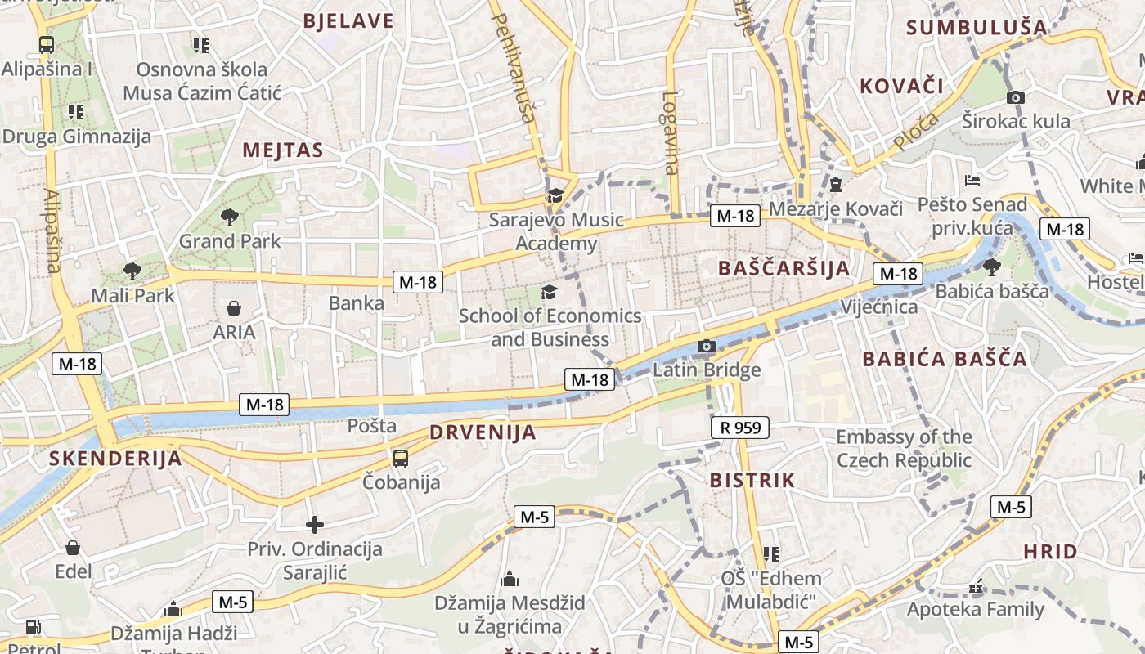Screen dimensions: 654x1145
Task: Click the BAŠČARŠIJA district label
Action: (784, 268)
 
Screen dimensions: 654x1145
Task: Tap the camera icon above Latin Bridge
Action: (707, 347)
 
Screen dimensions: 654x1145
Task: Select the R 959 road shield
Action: (740, 427)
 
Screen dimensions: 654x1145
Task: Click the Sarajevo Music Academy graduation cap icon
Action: (556, 195)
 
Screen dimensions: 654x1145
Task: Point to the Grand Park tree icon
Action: (229, 217)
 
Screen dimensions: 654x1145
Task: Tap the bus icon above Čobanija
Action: (400, 458)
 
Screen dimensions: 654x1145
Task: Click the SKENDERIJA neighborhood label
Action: (114, 459)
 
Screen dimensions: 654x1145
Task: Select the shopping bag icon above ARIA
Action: (234, 308)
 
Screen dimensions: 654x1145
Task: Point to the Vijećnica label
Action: (879, 308)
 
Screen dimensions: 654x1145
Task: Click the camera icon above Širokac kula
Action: (1016, 97)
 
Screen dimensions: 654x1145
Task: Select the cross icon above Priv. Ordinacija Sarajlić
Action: (315, 525)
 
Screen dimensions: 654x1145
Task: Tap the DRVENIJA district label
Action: (483, 432)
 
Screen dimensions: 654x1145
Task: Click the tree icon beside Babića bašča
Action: (991, 267)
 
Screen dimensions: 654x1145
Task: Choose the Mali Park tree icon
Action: (132, 271)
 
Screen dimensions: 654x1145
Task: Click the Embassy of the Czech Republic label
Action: (904, 448)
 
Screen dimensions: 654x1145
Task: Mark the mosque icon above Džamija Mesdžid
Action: (510, 580)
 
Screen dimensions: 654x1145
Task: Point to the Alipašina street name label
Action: (52, 231)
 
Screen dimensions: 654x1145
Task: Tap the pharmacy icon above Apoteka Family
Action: (976, 586)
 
